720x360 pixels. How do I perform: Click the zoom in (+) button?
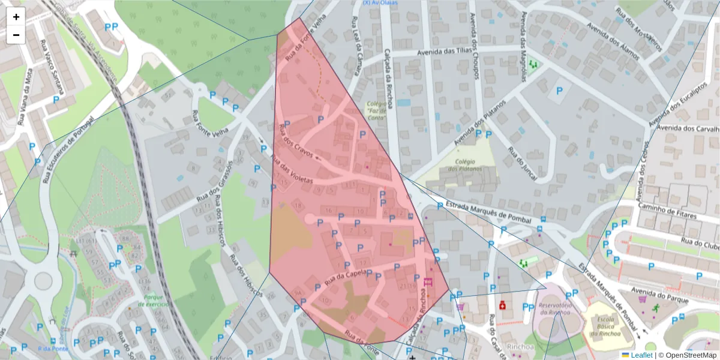[x=16, y=17]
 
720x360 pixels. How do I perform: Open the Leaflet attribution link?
[x=641, y=355]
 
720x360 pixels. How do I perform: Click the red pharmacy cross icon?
[x=502, y=305]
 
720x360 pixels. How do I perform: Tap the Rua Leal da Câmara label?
[x=356, y=46]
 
